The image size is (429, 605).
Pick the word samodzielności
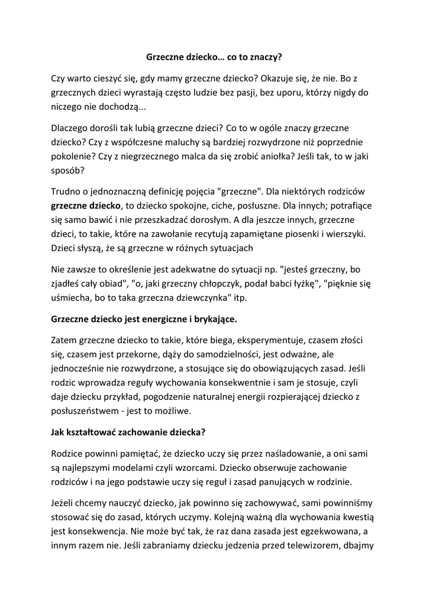tap(238, 356)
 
